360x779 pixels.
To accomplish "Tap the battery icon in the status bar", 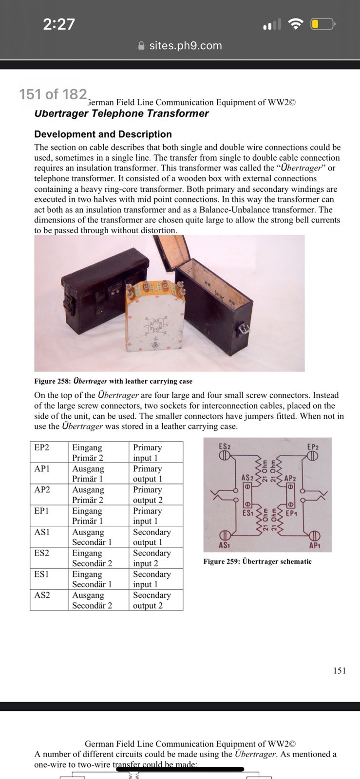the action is click(323, 24).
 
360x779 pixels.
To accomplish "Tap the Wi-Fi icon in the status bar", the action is click(295, 24).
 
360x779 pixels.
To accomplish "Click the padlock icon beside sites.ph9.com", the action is click(141, 46).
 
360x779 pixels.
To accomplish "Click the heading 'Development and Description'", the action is click(103, 134).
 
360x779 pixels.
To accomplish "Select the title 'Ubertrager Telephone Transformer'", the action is click(121, 113).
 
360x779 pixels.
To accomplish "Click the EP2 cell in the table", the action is click(49, 452).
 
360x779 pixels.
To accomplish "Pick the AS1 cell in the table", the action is click(49, 537).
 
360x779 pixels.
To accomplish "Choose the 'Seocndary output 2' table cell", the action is click(156, 600).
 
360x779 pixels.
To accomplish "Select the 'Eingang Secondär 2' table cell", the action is click(98, 558).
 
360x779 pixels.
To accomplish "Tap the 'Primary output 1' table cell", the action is click(156, 473).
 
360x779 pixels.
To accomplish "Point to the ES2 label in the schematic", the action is click(225, 446).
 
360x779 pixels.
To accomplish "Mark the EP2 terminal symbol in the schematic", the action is click(313, 455).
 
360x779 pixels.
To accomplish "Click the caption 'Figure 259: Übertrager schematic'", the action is click(257, 561).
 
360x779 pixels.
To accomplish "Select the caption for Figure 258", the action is click(113, 381).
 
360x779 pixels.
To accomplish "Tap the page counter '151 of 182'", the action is click(53, 94).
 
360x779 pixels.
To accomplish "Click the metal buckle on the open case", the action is click(243, 329).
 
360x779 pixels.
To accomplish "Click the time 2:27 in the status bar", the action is click(59, 24).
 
